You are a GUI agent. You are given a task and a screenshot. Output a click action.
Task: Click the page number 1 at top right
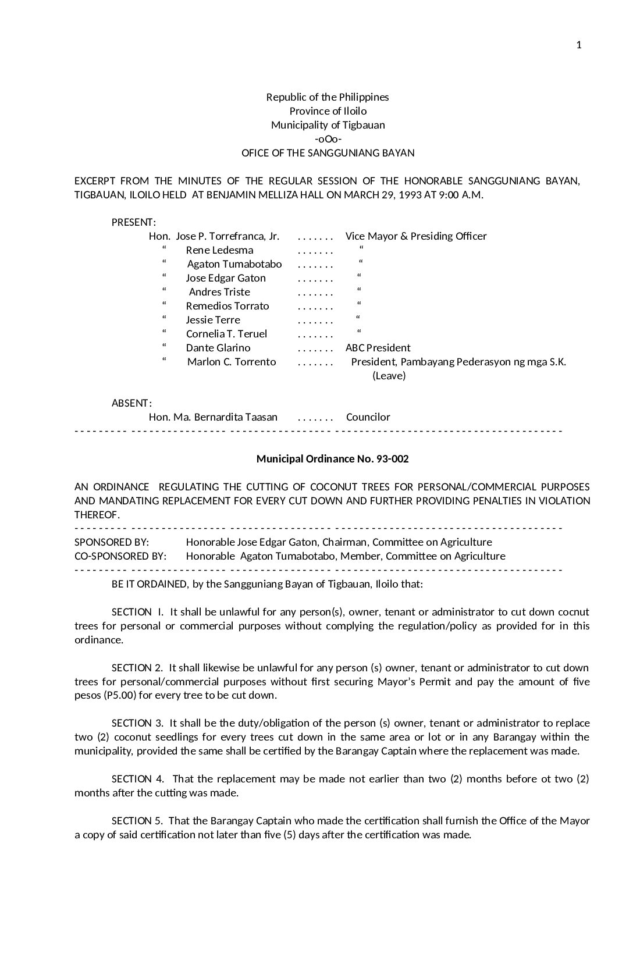[578, 45]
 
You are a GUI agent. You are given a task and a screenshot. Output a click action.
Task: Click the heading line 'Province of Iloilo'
[328, 111]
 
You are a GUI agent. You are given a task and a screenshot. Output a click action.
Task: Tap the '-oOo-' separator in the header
[328, 139]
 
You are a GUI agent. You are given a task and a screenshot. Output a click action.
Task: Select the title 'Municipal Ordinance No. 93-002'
[332, 458]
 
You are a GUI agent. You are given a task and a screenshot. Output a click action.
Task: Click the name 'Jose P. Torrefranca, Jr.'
[227, 236]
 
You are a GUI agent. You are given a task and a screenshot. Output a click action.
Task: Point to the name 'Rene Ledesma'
[219, 250]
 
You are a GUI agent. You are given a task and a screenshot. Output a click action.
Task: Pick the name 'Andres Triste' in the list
[219, 292]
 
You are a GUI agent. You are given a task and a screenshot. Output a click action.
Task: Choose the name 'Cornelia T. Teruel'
[226, 334]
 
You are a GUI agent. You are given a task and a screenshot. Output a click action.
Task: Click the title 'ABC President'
[378, 348]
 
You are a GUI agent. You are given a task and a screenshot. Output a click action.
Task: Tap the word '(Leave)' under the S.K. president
[389, 376]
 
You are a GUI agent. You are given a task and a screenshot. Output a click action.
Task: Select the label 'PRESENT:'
[134, 222]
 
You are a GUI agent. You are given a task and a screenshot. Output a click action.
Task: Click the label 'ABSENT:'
[131, 403]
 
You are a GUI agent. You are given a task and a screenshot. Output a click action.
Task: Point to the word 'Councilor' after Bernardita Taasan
[368, 417]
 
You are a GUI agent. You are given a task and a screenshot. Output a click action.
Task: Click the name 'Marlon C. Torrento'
[232, 362]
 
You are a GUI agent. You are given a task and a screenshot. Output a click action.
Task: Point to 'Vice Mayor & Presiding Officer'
[416, 236]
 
